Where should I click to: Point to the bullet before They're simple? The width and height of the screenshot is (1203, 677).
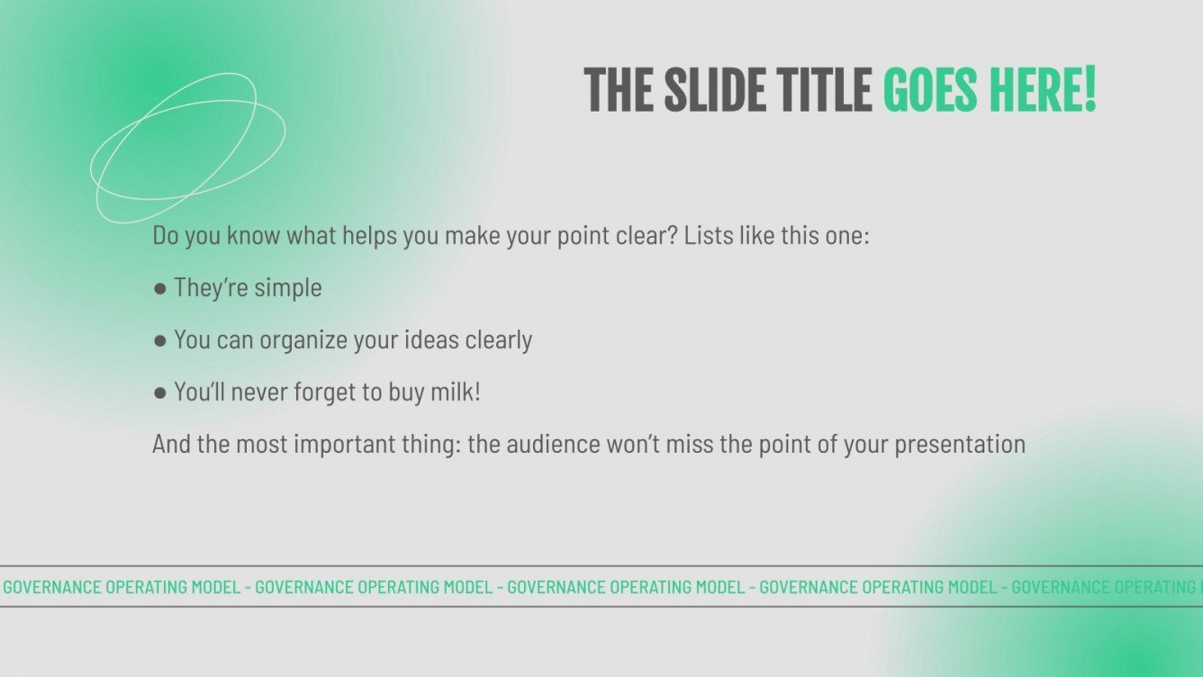click(x=160, y=288)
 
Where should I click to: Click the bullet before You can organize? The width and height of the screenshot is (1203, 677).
click(x=160, y=340)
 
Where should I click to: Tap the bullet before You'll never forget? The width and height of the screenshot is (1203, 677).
click(x=160, y=393)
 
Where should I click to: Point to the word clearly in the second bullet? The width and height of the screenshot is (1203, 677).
click(x=499, y=340)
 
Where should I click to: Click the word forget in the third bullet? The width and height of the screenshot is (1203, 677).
click(x=326, y=393)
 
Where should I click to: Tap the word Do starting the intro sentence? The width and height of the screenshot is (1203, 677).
click(x=165, y=237)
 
